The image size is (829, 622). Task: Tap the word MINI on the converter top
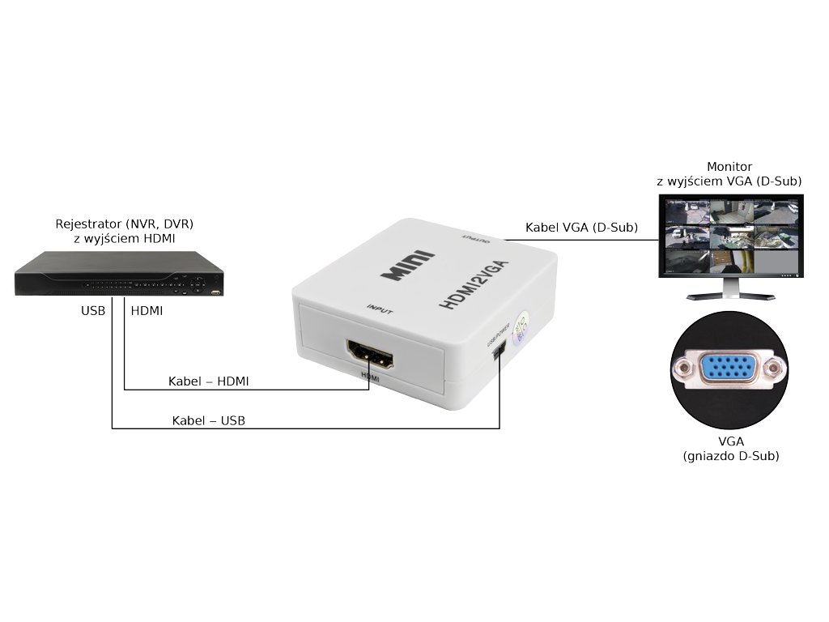[408, 267]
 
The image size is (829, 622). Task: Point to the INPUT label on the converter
[380, 308]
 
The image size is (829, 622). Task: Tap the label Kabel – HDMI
[208, 381]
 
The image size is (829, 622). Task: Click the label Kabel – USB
[208, 420]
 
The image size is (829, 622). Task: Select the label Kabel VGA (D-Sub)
[581, 228]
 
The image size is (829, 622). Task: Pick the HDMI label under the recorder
[147, 310]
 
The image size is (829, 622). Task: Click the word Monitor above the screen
[729, 167]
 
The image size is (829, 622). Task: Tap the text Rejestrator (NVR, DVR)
[124, 224]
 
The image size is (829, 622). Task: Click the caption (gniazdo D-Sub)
[731, 457]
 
